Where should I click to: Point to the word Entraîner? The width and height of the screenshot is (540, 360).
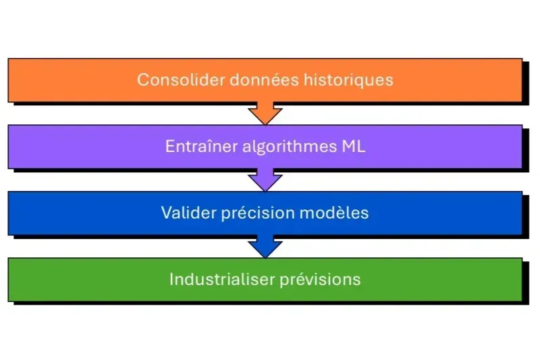click(x=200, y=147)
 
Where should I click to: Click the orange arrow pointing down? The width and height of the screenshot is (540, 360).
click(x=265, y=113)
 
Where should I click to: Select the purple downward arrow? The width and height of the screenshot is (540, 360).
click(x=265, y=180)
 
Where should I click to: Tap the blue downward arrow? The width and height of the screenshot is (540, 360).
click(x=265, y=247)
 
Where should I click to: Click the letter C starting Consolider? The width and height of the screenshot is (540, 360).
click(x=142, y=80)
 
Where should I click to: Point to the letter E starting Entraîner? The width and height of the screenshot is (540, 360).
click(x=169, y=147)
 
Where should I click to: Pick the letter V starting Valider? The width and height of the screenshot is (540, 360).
click(x=166, y=213)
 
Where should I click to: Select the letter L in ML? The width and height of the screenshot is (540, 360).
click(x=359, y=147)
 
